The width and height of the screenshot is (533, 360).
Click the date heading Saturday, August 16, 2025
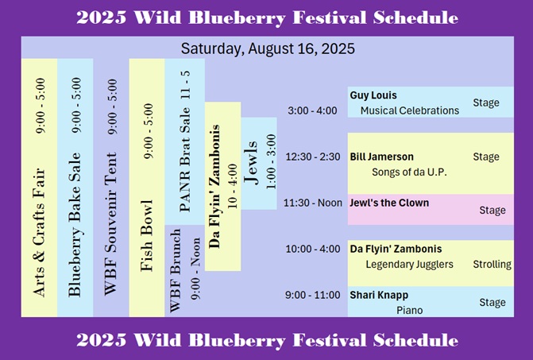(x=268, y=48)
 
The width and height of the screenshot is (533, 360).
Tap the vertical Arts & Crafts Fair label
(x=39, y=232)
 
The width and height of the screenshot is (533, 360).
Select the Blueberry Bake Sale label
(x=75, y=225)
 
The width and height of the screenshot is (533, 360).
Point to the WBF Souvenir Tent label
(x=110, y=223)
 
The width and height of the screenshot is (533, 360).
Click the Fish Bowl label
(x=146, y=235)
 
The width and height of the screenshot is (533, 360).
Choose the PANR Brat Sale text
(x=184, y=160)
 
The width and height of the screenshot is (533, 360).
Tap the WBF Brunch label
(x=175, y=270)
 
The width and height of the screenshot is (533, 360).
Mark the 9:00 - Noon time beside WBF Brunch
(x=195, y=269)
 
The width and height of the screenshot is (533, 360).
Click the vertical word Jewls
(x=251, y=162)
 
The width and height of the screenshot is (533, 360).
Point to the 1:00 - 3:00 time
(x=271, y=162)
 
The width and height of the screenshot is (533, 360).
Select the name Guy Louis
(x=373, y=95)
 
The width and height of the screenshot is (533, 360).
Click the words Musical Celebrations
(x=410, y=110)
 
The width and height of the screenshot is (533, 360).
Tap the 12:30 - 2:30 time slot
(x=313, y=157)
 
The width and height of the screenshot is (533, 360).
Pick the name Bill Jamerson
(x=382, y=157)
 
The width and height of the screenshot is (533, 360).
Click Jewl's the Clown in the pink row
(x=389, y=203)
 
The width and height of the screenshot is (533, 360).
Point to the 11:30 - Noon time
(x=313, y=203)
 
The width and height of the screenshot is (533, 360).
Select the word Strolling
(x=492, y=264)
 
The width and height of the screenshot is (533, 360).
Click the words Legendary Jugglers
(x=409, y=264)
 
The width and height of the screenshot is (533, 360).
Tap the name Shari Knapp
(x=379, y=295)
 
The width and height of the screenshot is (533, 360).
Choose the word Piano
(x=409, y=311)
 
